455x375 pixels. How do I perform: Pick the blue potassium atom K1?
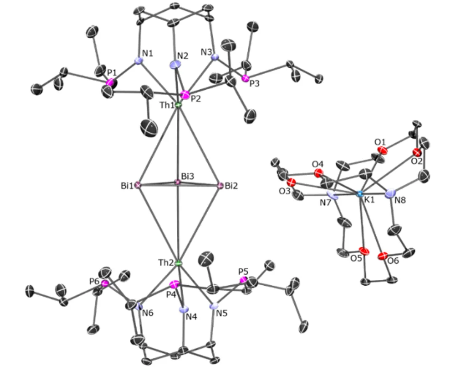point(360,194)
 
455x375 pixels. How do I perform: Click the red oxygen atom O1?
point(381,160)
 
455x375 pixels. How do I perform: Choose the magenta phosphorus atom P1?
point(110,82)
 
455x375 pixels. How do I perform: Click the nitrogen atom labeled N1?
point(139,61)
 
